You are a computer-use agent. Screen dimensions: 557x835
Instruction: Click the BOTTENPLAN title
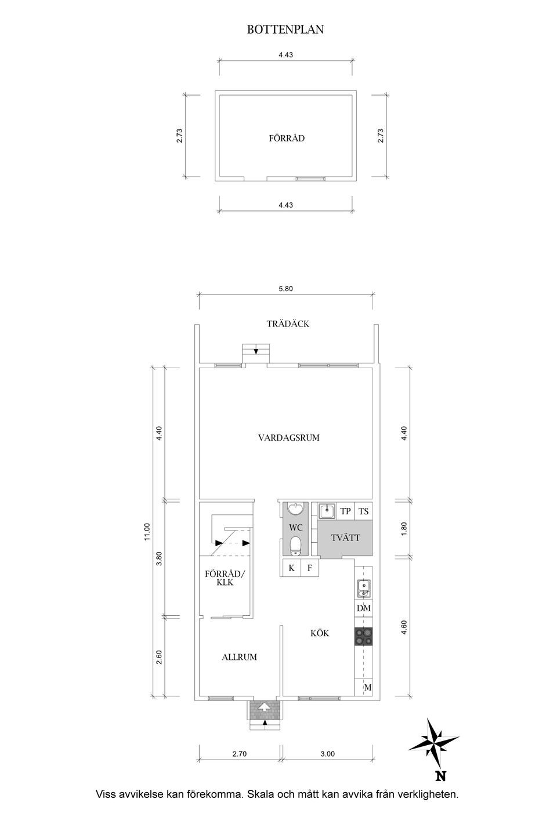285,30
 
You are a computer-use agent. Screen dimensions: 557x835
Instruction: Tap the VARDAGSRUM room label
289,438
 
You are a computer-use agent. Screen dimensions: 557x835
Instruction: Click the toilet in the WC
296,546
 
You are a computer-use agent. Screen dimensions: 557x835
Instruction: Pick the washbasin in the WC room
296,509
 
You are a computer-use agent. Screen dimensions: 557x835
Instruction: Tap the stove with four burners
363,636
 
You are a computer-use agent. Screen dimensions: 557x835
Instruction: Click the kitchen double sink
363,589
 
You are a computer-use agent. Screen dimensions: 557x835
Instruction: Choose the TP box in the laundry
345,511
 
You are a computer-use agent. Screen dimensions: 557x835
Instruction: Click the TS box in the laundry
363,511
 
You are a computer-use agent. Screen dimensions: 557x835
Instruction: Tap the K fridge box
291,568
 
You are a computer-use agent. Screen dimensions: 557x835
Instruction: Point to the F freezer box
310,568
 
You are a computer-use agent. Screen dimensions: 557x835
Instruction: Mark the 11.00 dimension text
147,531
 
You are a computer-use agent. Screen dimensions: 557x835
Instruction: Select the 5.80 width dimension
285,289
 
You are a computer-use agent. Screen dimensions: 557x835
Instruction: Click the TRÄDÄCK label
288,324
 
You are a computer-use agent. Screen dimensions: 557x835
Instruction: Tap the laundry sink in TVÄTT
327,511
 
